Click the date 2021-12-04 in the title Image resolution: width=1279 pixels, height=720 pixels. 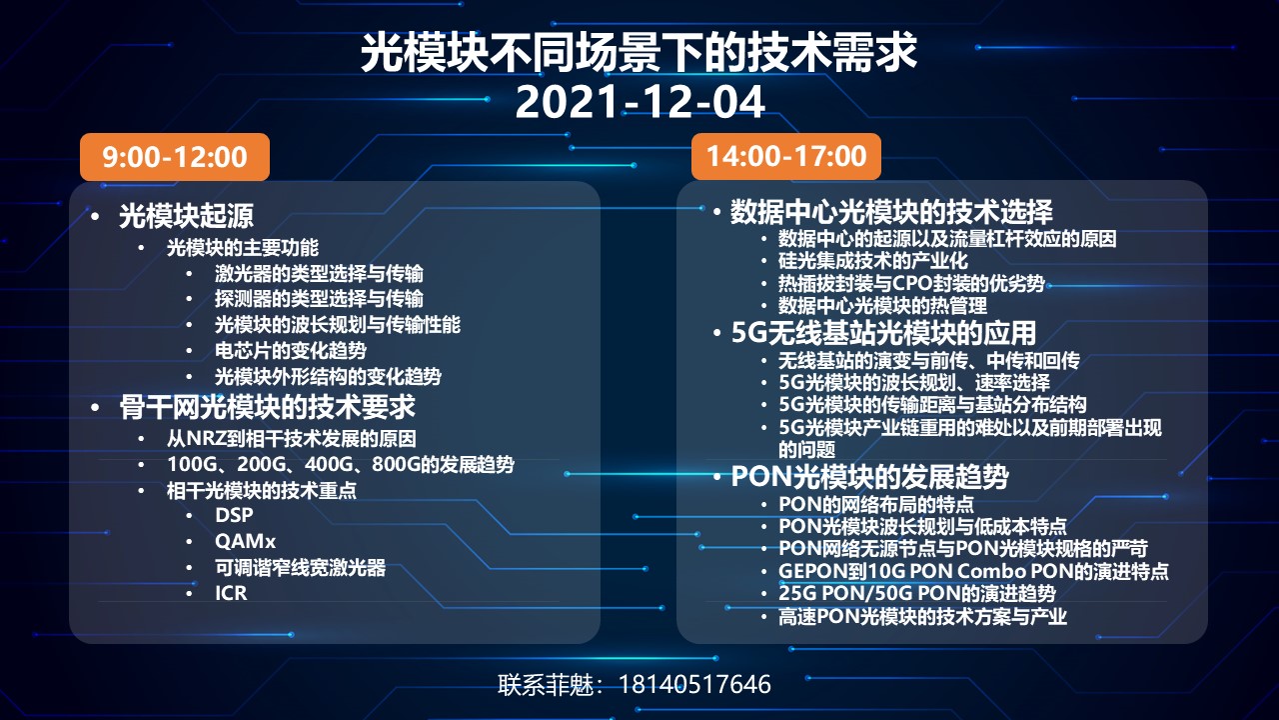pos(639,102)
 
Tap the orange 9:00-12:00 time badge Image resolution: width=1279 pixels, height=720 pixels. pos(175,157)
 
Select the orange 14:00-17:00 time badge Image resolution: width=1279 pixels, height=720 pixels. pos(786,156)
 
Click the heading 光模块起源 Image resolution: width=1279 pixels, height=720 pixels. pos(186,216)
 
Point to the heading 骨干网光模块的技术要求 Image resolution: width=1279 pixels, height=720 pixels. pos(267,407)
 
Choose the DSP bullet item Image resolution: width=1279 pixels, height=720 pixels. pos(234,515)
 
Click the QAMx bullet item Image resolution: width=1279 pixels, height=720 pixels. pos(246,541)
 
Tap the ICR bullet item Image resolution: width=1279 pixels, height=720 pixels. pos(231,593)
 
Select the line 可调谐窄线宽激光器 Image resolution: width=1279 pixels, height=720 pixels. pos(301,567)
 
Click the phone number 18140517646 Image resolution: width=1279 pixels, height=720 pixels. pos(694,685)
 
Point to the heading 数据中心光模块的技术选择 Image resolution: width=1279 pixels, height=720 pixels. pos(891,212)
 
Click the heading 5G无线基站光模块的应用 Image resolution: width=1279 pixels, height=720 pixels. pos(884,333)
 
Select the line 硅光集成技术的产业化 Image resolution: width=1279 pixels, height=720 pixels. pos(873,261)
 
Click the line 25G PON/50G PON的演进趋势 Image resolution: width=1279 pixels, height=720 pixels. pos(917,594)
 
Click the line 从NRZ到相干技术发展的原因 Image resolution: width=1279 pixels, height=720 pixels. pos(291,439)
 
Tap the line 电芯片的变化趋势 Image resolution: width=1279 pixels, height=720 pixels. pos(291,350)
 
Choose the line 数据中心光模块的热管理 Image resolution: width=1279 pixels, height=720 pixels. pos(882,306)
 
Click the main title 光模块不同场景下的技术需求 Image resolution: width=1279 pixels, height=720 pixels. pos(639,53)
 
